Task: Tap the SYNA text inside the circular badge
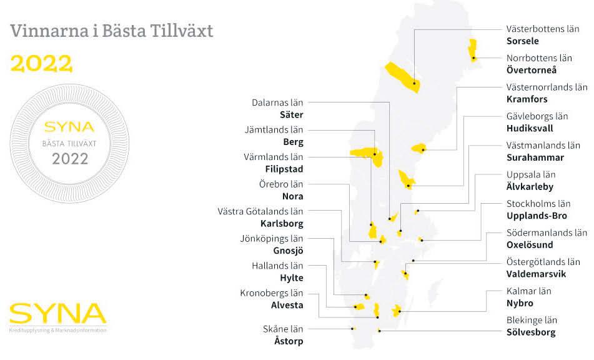tap(69, 127)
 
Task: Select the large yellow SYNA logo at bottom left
tap(57, 314)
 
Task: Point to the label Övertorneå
tap(532, 70)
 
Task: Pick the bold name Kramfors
tap(527, 99)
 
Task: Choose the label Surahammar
tap(535, 157)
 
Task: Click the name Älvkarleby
tap(530, 186)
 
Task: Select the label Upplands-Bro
tap(537, 216)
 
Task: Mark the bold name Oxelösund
tap(532, 244)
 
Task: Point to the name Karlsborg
tap(282, 223)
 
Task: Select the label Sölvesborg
tap(531, 332)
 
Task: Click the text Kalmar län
tap(528, 291)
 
